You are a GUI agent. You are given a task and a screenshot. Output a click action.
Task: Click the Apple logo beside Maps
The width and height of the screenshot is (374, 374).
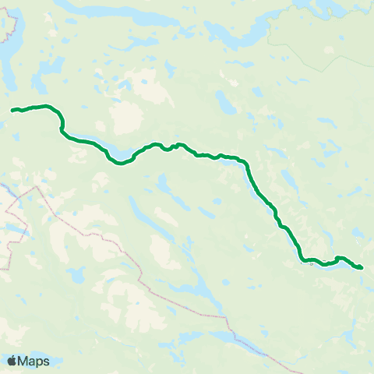pos(12,361)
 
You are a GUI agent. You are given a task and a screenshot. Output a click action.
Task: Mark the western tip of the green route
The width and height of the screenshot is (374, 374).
pos(12,111)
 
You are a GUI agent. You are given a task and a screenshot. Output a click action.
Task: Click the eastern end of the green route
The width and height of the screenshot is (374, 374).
pos(361,268)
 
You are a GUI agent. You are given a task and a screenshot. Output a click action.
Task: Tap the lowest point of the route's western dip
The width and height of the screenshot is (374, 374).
pos(119,163)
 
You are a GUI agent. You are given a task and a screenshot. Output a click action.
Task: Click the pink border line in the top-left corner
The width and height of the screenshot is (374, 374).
pos(11,23)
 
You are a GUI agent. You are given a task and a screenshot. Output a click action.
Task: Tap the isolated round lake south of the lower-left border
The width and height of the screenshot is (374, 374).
pos(76,274)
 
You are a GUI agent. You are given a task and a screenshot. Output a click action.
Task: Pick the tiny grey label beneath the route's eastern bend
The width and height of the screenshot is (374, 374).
pos(311,264)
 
